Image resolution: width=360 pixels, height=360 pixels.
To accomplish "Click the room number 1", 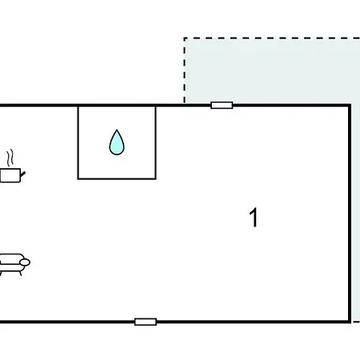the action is click(x=254, y=218).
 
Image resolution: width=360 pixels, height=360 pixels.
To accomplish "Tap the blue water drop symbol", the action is click(x=117, y=142).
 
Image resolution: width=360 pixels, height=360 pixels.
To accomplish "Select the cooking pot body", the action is click(x=10, y=175).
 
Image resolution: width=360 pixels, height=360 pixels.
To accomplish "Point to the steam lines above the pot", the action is click(x=10, y=158).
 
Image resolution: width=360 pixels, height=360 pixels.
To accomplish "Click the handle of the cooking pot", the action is click(x=22, y=174).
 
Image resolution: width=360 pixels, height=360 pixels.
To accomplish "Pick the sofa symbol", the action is click(x=14, y=264).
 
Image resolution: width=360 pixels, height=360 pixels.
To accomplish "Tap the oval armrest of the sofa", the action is click(x=25, y=262).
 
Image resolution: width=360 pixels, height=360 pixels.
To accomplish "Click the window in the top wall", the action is click(x=222, y=105).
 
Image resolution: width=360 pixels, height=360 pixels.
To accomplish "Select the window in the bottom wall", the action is click(x=146, y=322).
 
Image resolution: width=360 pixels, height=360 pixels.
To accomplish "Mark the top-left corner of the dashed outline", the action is click(x=185, y=38).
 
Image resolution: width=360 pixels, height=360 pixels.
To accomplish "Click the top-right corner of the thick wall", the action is click(x=350, y=106).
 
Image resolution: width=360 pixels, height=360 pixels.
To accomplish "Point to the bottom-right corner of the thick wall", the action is click(x=350, y=322).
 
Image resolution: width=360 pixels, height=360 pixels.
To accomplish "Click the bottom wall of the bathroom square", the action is click(x=117, y=178).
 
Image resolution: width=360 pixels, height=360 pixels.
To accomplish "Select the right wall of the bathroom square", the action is click(x=155, y=142).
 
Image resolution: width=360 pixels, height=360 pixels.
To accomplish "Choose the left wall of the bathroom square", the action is click(x=78, y=142).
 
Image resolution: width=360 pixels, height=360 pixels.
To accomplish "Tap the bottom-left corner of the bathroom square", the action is click(x=78, y=178).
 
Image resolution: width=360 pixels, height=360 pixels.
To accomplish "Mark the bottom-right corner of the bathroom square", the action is click(x=155, y=178).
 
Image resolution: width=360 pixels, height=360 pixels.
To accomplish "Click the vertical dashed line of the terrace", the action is click(x=185, y=70).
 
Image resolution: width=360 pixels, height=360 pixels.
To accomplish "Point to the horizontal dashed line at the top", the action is click(x=272, y=38).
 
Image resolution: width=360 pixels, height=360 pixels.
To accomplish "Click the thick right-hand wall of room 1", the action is click(x=350, y=214).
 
